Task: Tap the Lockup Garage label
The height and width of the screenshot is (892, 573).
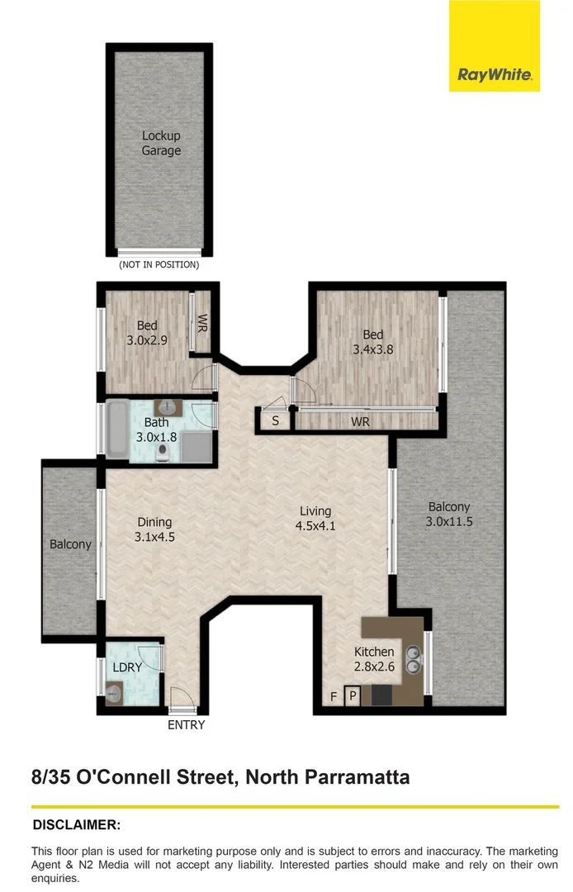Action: pos(161,143)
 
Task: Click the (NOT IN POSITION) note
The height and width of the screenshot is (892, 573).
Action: pos(159,265)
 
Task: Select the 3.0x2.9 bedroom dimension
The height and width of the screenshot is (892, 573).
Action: pos(147,339)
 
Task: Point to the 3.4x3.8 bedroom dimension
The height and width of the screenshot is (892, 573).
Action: pos(373,349)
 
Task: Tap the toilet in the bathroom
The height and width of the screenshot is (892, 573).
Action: pos(165,451)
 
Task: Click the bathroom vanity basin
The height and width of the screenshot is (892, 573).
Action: pos(169,406)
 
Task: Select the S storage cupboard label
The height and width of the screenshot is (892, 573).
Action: pos(275,421)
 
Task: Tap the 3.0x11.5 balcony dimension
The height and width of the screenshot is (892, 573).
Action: pos(449,521)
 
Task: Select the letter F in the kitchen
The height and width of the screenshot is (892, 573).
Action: pos(334,697)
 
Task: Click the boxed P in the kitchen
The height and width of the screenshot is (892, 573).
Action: pos(353,696)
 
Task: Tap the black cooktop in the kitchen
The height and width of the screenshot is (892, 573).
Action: pos(381,695)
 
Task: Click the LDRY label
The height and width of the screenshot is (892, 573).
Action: pos(128,667)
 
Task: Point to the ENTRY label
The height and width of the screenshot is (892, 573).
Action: pos(186,725)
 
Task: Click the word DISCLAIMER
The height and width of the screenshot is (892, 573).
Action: pos(76,824)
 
